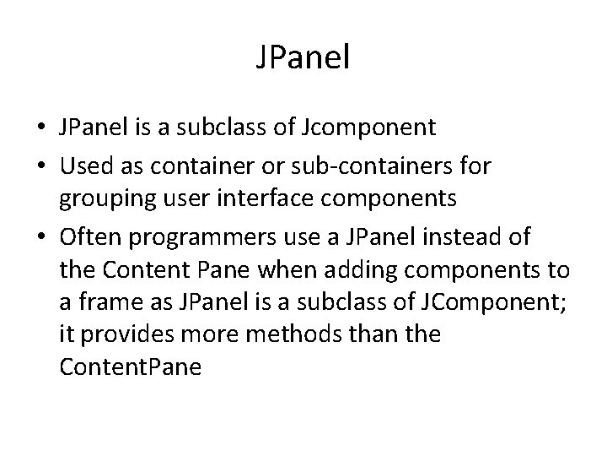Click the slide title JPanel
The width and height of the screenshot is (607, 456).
[x=303, y=59]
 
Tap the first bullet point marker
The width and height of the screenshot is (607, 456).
[x=41, y=128]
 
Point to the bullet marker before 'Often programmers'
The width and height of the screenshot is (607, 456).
[x=41, y=237]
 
